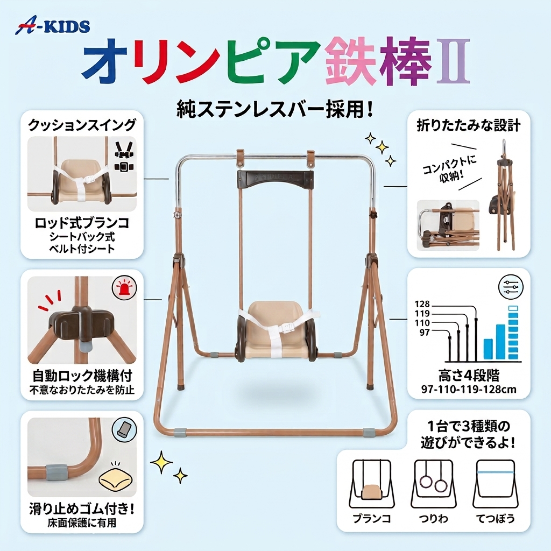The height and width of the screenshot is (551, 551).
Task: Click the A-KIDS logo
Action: click(x=52, y=27)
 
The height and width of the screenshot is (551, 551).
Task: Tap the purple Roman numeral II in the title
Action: click(x=453, y=61)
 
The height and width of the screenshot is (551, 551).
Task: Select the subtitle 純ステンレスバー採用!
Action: click(x=274, y=109)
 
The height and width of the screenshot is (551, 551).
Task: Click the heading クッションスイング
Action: click(x=82, y=125)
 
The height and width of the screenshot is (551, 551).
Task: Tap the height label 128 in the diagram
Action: click(x=422, y=304)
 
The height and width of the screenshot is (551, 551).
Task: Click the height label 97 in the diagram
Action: click(x=425, y=331)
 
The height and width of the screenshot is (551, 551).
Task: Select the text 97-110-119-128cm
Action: click(x=469, y=389)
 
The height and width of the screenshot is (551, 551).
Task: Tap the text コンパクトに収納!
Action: click(x=450, y=168)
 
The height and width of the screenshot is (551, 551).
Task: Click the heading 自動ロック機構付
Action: click(x=82, y=376)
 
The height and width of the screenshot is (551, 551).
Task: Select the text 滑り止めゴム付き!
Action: click(x=82, y=509)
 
